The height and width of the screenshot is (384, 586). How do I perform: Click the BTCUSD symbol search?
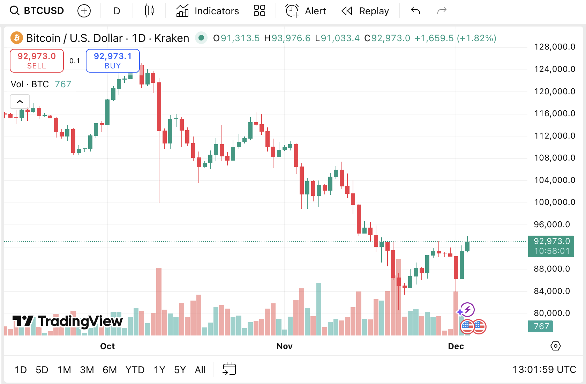point(37,11)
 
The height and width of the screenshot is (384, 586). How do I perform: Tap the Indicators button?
point(208,11)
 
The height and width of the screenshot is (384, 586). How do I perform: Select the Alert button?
point(306,11)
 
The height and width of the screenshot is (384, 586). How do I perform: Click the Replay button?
point(365,11)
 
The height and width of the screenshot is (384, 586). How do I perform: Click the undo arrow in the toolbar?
point(415,11)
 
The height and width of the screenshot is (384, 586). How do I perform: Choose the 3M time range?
point(87,370)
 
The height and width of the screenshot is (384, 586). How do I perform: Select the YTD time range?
point(135,370)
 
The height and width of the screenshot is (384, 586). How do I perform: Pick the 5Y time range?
point(180,370)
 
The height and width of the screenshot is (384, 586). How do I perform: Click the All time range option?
point(200,370)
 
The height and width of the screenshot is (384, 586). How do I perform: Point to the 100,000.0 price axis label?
point(555,202)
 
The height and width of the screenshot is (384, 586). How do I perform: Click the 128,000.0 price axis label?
point(555,47)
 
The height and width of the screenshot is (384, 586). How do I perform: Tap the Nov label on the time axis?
point(284,346)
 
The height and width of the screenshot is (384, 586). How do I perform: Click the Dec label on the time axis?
point(456,346)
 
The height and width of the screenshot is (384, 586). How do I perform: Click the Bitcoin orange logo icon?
point(17,38)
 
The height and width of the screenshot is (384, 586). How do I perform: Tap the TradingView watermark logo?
point(68,321)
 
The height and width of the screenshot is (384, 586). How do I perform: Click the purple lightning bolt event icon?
point(467,309)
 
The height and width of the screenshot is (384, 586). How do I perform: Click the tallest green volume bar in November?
point(318,309)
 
